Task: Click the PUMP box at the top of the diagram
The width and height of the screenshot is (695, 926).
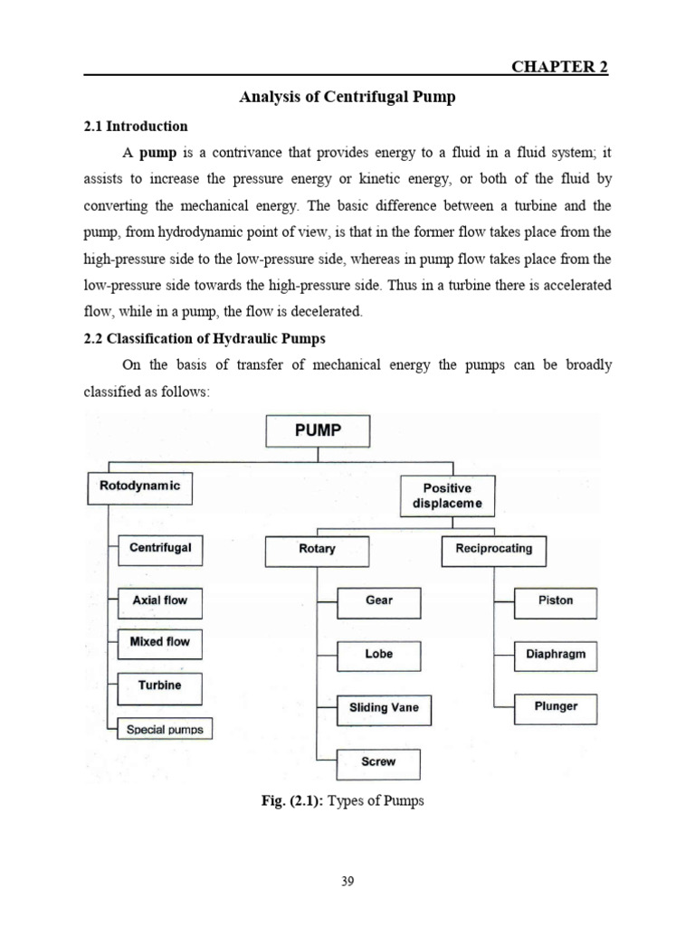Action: point(318,430)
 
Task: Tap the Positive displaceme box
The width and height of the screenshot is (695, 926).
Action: point(447,496)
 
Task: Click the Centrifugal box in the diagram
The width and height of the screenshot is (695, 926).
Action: point(160,549)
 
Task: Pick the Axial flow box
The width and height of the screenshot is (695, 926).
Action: point(160,600)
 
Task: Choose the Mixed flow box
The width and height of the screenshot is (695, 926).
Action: point(160,643)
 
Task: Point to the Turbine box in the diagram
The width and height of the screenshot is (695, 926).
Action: point(160,686)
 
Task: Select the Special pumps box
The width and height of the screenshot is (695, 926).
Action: point(165,729)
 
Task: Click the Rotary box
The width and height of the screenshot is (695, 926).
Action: point(317,550)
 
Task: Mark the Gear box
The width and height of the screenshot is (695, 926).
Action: point(379,601)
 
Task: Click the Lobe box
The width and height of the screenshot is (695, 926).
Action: point(379,655)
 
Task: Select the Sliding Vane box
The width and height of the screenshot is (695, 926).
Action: point(384,709)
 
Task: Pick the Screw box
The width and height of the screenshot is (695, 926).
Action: point(378,762)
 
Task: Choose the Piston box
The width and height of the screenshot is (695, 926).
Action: point(556,601)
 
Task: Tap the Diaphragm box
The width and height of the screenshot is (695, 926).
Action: point(556,656)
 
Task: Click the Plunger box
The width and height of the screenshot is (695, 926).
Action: point(556,708)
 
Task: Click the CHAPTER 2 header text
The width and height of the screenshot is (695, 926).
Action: point(560,67)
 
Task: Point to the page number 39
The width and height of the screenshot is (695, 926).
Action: point(347,883)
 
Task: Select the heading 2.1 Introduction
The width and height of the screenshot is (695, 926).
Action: point(136,127)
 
